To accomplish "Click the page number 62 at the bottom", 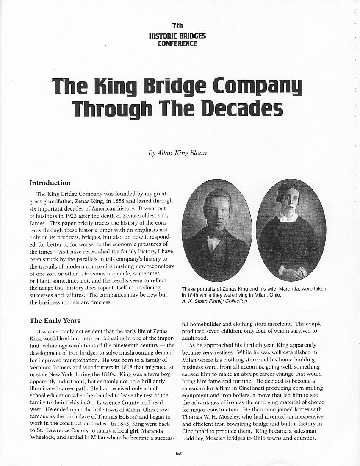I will point(179,453).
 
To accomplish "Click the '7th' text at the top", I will point(177,26).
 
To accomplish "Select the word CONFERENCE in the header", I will point(177,43).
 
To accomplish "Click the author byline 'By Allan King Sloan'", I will point(177,153).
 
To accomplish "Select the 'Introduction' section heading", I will point(50,183).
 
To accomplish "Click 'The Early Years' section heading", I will point(55,321).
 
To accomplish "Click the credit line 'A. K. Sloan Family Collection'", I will point(214,301).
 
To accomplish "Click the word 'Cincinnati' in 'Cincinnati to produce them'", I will point(197,431).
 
